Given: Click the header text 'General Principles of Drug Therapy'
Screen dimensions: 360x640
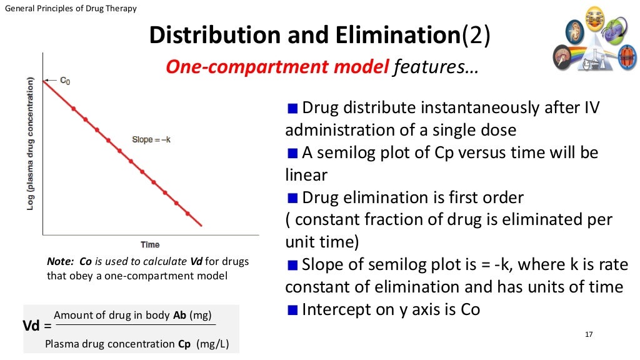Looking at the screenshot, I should pyautogui.click(x=71, y=8).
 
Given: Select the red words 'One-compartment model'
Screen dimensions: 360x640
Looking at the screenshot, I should pyautogui.click(x=277, y=67).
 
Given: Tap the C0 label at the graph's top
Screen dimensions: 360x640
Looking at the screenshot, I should pyautogui.click(x=65, y=81).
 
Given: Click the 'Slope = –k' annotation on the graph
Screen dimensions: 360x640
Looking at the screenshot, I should pyautogui.click(x=151, y=139).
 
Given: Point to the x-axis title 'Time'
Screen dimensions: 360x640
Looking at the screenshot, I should pyautogui.click(x=150, y=244).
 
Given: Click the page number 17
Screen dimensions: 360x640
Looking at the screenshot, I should pyautogui.click(x=587, y=334).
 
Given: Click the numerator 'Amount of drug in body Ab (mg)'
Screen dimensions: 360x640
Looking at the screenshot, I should pyautogui.click(x=131, y=315).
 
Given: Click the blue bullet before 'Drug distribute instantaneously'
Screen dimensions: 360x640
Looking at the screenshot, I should pyautogui.click(x=292, y=109).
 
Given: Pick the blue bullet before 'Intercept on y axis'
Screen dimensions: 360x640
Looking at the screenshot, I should pyautogui.click(x=292, y=310).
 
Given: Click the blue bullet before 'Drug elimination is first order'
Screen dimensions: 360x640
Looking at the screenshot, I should pyautogui.click(x=292, y=199).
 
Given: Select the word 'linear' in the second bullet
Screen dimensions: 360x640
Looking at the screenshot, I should pyautogui.click(x=306, y=176).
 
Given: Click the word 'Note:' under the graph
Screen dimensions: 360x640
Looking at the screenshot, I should pyautogui.click(x=61, y=261).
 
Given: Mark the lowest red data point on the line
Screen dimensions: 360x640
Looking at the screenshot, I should pyautogui.click(x=188, y=214).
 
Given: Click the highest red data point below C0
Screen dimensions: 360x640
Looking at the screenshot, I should pyautogui.click(x=74, y=108).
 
